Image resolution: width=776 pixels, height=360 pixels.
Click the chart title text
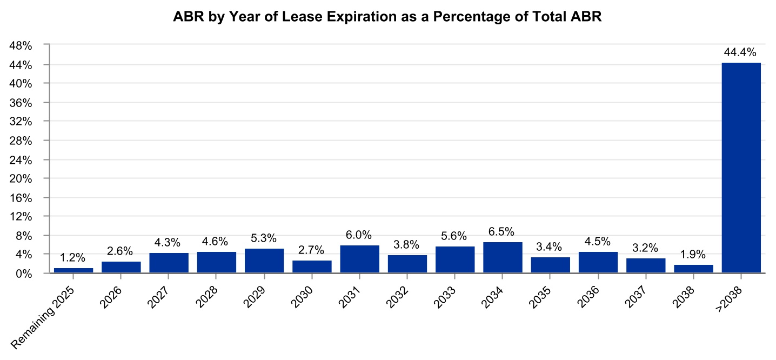pyautogui.click(x=387, y=17)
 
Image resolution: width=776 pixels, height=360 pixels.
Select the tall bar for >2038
pyautogui.click(x=741, y=168)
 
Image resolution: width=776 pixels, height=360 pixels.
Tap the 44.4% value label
pyautogui.click(x=741, y=53)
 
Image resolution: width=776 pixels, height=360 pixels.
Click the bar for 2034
pyautogui.click(x=503, y=258)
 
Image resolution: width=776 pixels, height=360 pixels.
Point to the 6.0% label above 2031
pyautogui.click(x=359, y=235)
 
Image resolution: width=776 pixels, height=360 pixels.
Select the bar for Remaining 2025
pyautogui.click(x=73, y=270)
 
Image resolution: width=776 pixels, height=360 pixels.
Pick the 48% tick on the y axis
pyautogui.click(x=22, y=46)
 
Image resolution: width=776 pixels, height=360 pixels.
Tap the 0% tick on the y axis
pyautogui.click(x=25, y=274)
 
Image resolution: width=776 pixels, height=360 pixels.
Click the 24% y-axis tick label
pyautogui.click(x=22, y=160)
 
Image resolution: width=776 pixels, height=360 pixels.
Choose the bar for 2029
pyautogui.click(x=264, y=261)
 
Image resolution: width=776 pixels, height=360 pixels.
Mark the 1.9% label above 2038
pyautogui.click(x=693, y=255)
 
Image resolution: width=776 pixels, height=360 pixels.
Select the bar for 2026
pyautogui.click(x=121, y=267)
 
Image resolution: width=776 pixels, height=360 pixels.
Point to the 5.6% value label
pyautogui.click(x=455, y=237)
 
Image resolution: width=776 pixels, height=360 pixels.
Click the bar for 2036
pyautogui.click(x=598, y=262)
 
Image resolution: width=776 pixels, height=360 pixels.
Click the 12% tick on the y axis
pyautogui.click(x=22, y=217)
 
